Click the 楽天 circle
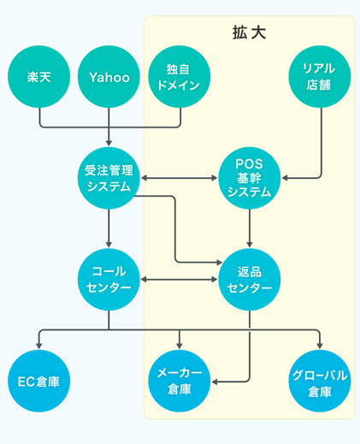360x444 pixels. click(x=39, y=77)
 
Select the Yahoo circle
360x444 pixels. click(x=109, y=77)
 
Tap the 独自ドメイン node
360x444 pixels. click(x=180, y=77)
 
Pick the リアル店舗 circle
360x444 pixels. click(x=320, y=77)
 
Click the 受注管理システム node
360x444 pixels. click(x=109, y=178)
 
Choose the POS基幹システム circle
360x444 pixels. click(x=249, y=178)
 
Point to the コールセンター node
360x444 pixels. click(x=109, y=279)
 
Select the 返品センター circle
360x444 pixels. click(x=249, y=279)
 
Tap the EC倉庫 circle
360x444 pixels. click(x=39, y=381)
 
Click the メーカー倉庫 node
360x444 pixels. click(x=180, y=381)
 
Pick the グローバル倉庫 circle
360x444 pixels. click(x=320, y=381)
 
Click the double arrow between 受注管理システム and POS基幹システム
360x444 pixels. click(x=179, y=178)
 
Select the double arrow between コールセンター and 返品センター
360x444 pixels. click(x=179, y=279)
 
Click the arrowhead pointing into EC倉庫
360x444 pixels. click(x=39, y=344)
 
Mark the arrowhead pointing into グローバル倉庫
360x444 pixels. click(x=320, y=344)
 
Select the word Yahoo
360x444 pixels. click(x=109, y=77)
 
